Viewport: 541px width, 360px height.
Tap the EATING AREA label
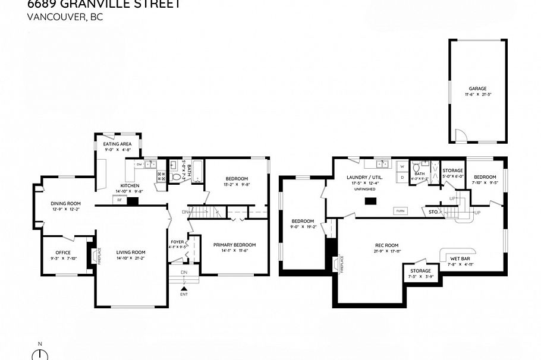click(117, 144)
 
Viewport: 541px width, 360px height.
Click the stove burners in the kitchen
click(161, 176)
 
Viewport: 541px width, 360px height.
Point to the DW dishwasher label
click(139, 164)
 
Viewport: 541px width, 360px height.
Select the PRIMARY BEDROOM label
click(234, 245)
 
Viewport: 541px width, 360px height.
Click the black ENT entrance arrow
click(183, 289)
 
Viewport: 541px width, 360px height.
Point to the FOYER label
click(177, 242)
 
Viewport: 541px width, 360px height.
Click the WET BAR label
click(460, 258)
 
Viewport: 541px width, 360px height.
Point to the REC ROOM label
click(386, 245)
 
